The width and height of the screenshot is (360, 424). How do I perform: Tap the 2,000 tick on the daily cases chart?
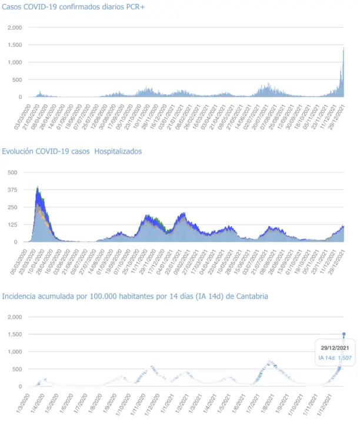[14, 28]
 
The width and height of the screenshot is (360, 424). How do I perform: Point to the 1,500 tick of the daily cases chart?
[14, 45]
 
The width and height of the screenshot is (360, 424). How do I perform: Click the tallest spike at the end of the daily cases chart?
[344, 50]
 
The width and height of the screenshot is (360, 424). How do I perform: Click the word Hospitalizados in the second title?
[118, 151]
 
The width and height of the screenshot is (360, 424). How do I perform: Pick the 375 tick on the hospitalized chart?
[12, 190]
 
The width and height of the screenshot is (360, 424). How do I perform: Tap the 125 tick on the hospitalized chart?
[12, 224]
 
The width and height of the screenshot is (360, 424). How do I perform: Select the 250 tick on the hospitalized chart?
[12, 207]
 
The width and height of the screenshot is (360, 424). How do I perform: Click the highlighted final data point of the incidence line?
[344, 334]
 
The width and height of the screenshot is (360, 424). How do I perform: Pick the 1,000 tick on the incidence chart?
[14, 352]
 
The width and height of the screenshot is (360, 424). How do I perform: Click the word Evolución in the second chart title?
[18, 151]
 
